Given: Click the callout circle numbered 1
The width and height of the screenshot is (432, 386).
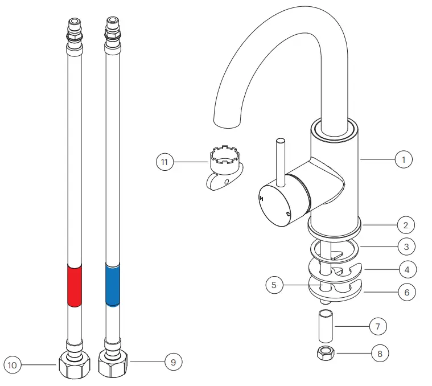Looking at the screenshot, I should click(404, 160).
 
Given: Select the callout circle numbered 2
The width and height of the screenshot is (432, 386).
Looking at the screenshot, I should click(405, 225).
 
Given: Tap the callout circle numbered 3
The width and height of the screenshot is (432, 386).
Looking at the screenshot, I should click(406, 247).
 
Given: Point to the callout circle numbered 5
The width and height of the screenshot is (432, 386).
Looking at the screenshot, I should click(274, 285).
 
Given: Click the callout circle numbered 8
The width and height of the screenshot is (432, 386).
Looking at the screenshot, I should click(380, 354).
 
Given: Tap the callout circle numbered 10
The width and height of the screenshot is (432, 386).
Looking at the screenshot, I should click(13, 363).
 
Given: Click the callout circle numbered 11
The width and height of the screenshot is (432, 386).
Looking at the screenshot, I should click(164, 162).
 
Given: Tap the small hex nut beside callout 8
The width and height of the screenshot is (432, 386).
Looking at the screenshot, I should click(326, 353).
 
